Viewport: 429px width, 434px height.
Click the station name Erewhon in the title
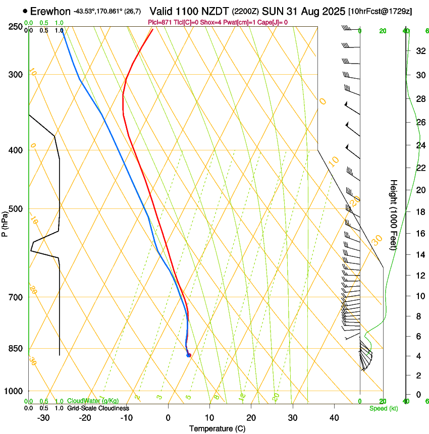[50, 11]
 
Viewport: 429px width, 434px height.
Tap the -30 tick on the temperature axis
[43, 417]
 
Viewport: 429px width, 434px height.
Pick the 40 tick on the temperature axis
[334, 417]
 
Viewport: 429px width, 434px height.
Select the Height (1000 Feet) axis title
[394, 214]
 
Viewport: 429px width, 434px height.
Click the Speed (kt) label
[383, 408]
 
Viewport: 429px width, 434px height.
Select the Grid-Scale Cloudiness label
[98, 408]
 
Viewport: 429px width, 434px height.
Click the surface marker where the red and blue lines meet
[189, 355]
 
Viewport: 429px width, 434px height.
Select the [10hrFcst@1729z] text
[380, 11]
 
